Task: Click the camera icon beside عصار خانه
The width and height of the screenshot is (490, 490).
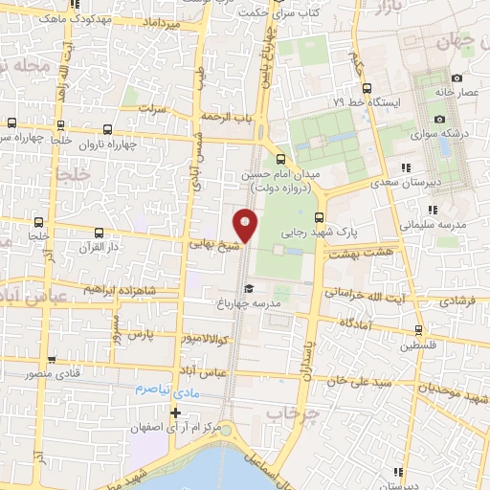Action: [457, 78]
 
